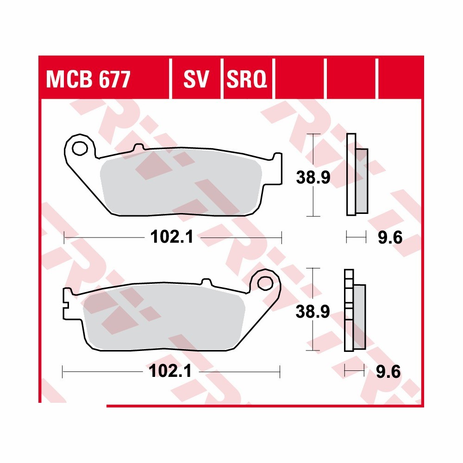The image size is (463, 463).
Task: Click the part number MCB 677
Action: [88, 80]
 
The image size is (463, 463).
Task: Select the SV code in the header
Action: [197, 80]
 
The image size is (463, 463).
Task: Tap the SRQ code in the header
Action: [247, 80]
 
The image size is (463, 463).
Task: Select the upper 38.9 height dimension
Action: [313, 177]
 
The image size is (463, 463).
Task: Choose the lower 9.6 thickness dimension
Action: [388, 371]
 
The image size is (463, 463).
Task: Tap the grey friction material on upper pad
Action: [181, 185]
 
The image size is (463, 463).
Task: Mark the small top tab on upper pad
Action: [138, 148]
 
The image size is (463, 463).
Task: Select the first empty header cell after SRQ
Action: [300, 80]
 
